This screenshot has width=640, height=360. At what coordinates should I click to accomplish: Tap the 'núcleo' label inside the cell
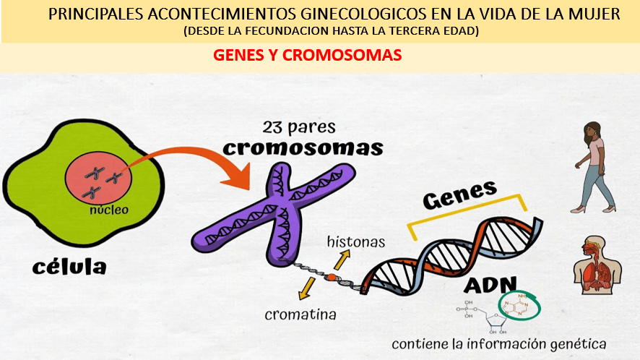coord(109,210)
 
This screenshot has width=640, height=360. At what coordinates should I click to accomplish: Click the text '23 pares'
coord(299,127)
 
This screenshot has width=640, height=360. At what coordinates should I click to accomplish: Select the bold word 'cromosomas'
coord(303,148)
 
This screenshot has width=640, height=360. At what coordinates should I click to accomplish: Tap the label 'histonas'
coord(356,241)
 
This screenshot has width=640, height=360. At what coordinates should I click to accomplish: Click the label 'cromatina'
coord(300,314)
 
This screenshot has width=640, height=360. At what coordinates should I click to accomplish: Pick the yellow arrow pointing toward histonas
coord(342,260)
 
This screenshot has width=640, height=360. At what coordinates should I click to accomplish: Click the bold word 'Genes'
coord(460,194)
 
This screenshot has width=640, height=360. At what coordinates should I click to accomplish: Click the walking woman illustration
coord(596,168)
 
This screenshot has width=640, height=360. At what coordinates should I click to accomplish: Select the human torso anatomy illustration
coord(597,265)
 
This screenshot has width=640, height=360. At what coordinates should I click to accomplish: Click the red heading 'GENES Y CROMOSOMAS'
coord(308,56)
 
